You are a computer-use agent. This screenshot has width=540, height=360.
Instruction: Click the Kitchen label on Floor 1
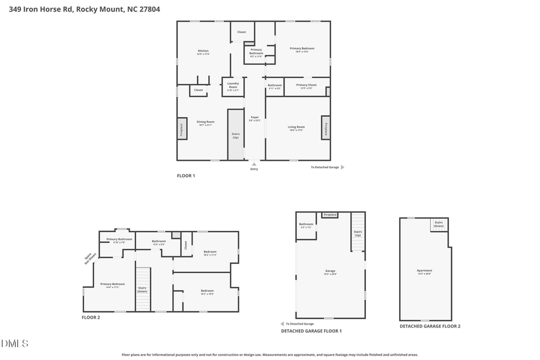coord(203,51)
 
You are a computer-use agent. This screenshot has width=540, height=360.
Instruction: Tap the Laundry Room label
coord(233,85)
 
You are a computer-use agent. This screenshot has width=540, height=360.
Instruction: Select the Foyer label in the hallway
coord(254,118)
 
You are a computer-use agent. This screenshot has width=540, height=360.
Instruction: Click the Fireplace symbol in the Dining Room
coord(181,130)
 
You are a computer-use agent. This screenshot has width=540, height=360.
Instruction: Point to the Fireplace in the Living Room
coord(326,130)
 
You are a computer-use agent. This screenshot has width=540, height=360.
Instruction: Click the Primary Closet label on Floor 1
coord(306,85)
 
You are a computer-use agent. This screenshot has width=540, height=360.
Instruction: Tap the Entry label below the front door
coord(254,169)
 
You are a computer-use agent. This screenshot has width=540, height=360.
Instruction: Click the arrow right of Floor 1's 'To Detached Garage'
coord(343,167)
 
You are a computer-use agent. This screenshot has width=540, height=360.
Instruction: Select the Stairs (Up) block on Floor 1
coord(235,135)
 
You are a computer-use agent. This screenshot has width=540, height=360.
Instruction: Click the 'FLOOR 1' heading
coord(185,176)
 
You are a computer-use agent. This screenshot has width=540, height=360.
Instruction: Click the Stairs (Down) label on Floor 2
coord(142,289)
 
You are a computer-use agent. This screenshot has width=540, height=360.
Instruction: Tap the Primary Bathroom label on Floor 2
coord(119,239)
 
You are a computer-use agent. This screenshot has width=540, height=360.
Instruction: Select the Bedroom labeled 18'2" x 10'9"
coord(207,292)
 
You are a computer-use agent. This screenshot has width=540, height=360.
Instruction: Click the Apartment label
coord(424,271)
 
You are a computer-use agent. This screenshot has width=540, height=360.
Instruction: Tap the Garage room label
coord(330,271)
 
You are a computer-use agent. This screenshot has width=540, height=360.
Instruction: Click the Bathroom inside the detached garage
coord(306,226)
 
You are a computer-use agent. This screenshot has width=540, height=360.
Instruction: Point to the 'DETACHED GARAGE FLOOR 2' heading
coord(430,326)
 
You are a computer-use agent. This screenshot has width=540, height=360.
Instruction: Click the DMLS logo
coord(14,344)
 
